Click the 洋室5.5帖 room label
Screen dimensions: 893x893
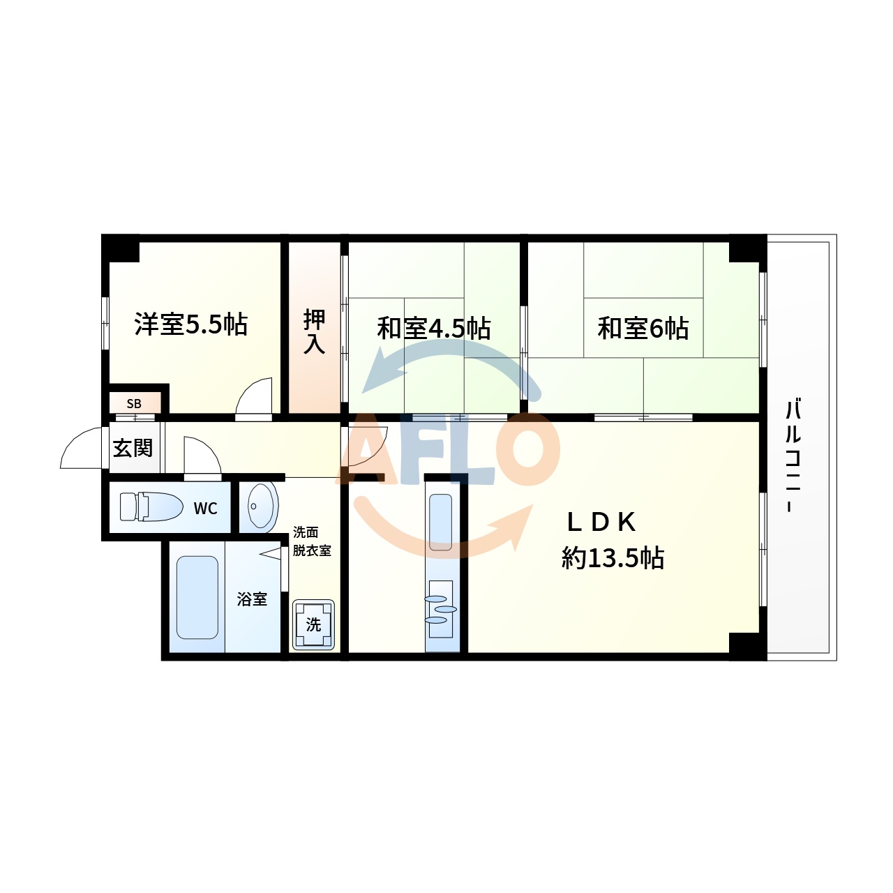click(x=190, y=324)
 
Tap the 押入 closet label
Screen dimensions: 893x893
click(x=314, y=332)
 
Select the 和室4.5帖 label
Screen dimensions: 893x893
click(x=433, y=328)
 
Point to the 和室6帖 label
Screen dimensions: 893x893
click(x=643, y=328)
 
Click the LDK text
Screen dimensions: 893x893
click(x=601, y=522)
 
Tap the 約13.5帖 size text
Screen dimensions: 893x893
click(x=613, y=557)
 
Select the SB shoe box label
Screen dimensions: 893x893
click(x=134, y=404)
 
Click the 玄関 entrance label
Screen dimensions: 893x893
click(x=133, y=448)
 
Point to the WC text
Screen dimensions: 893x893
click(x=205, y=509)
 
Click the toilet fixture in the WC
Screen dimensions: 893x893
click(x=151, y=506)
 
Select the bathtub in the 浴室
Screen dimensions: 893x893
click(x=197, y=597)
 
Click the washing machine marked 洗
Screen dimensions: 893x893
click(x=313, y=624)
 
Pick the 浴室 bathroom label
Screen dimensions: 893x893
click(x=252, y=599)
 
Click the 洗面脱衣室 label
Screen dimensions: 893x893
click(x=311, y=541)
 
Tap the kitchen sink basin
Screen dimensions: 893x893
click(x=441, y=523)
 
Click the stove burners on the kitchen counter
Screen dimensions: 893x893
click(x=440, y=608)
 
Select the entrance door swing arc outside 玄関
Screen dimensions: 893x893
click(x=82, y=450)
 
